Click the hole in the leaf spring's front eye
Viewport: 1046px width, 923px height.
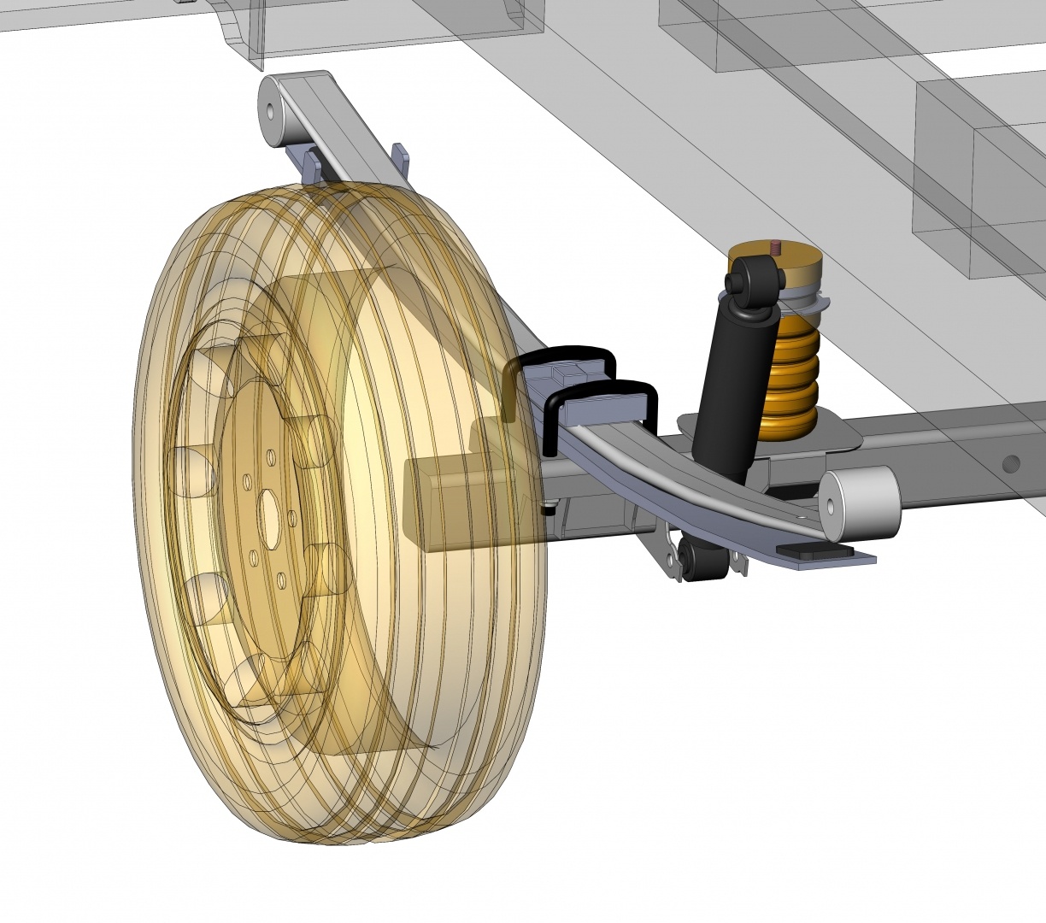[271, 110]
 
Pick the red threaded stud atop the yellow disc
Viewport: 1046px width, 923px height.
[776, 248]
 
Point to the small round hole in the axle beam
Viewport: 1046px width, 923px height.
[1011, 463]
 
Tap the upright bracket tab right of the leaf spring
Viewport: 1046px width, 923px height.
[400, 159]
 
